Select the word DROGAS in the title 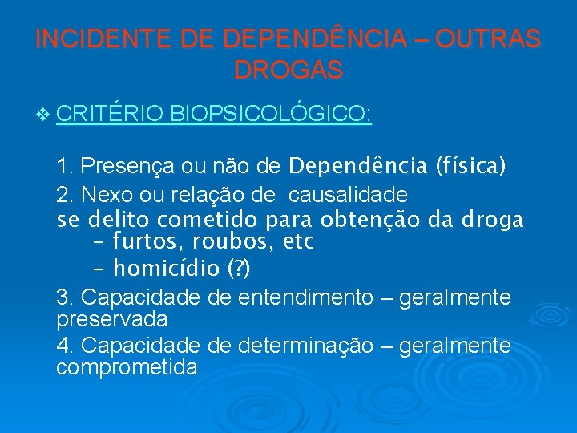click(x=288, y=70)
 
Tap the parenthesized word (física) click(x=470, y=167)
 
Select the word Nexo click(x=102, y=194)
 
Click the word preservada click(x=112, y=319)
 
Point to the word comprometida click(x=127, y=367)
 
